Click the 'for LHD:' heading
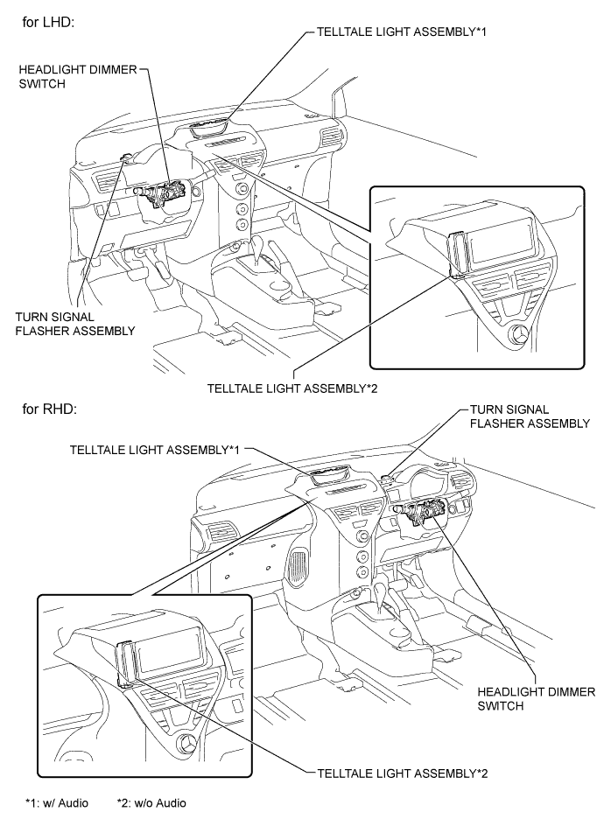tap(52, 20)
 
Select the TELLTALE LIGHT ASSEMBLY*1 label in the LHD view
tap(390, 31)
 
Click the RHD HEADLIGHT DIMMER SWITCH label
tap(535, 698)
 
